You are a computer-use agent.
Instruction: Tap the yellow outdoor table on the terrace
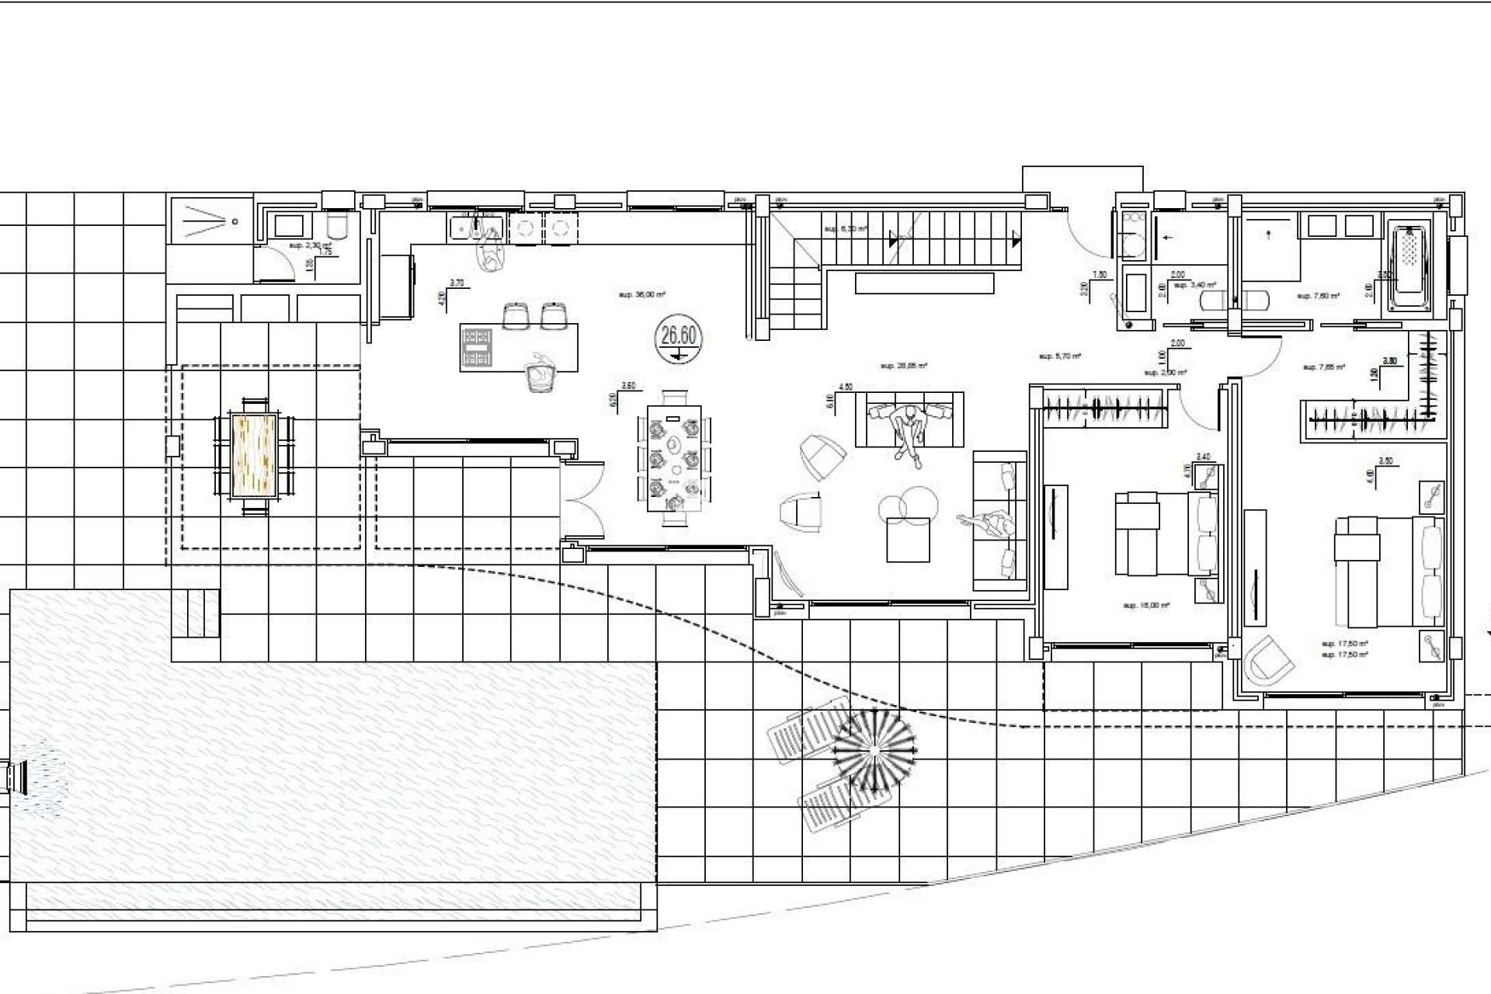pyautogui.click(x=254, y=456)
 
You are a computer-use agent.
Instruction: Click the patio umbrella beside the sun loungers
pyautogui.click(x=874, y=750)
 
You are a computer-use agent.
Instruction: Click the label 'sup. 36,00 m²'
pyautogui.click(x=641, y=295)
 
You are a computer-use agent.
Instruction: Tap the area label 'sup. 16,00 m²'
pyautogui.click(x=1146, y=605)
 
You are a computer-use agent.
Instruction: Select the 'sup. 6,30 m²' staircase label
pyautogui.click(x=846, y=229)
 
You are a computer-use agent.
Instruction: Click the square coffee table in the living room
pyautogui.click(x=908, y=540)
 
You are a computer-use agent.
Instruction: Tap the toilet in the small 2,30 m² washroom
pyautogui.click(x=339, y=226)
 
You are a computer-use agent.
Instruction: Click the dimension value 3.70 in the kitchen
pyautogui.click(x=457, y=283)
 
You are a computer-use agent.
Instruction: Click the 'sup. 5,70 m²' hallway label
pyautogui.click(x=1060, y=356)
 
